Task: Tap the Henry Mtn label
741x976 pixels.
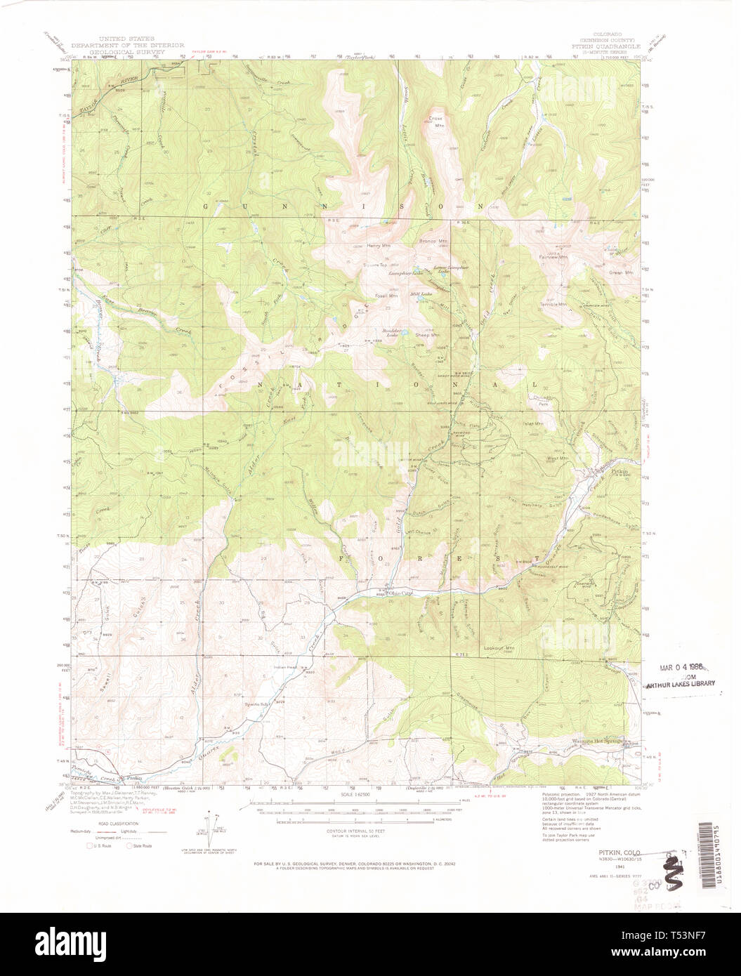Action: point(378,246)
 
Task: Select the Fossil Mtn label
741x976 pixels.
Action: point(386,295)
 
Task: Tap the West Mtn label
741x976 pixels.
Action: point(557,459)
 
